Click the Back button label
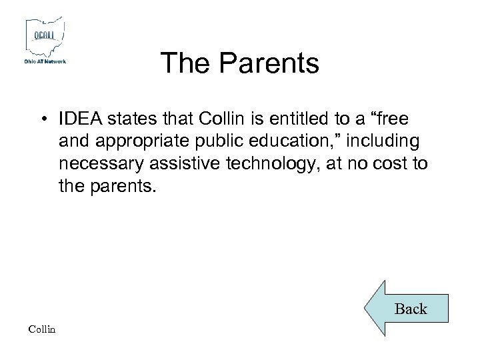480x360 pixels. (411, 309)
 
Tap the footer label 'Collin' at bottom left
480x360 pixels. (43, 329)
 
